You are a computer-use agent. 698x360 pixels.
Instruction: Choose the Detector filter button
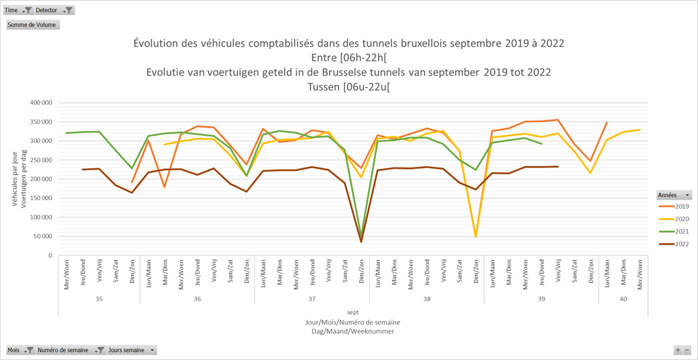(54, 10)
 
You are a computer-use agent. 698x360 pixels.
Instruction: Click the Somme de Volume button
(33, 25)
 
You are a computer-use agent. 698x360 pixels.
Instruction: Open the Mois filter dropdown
(20, 350)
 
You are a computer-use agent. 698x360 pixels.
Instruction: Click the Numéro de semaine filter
(70, 350)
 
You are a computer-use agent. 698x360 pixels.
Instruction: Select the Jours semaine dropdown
(132, 350)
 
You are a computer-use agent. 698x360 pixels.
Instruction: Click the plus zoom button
(678, 350)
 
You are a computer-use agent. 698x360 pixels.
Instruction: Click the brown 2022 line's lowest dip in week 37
(361, 241)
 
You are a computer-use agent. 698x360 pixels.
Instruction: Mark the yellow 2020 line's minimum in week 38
(476, 236)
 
